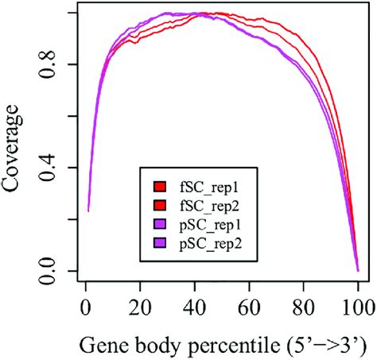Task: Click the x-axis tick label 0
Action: click(x=85, y=306)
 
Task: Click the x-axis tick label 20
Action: click(x=140, y=306)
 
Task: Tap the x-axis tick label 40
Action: click(x=194, y=306)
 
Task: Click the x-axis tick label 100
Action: click(x=357, y=306)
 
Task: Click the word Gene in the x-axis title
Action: click(x=100, y=344)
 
